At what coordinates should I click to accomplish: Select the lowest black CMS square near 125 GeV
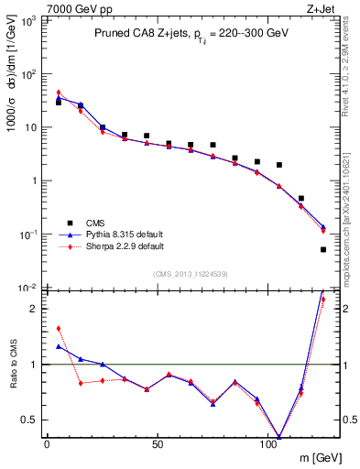(323, 249)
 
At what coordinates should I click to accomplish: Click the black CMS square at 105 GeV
(279, 165)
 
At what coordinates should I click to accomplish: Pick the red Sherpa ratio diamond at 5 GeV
(59, 328)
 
